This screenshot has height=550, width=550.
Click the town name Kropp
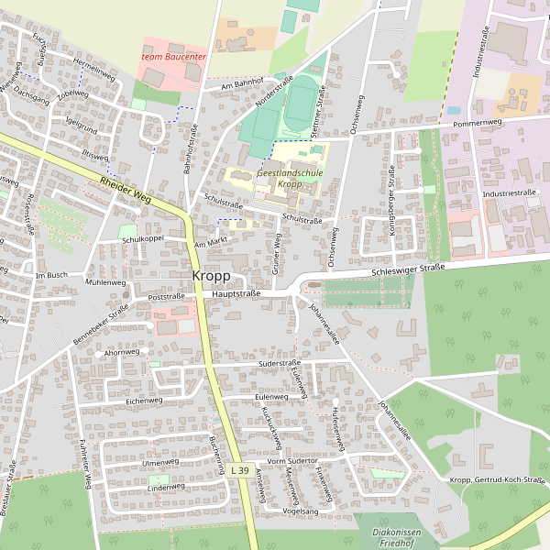(x=211, y=276)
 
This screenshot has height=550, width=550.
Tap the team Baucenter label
(x=174, y=57)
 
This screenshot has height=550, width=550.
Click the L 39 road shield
(x=239, y=470)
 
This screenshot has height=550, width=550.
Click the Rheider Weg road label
(x=126, y=191)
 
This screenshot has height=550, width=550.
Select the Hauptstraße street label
(x=236, y=294)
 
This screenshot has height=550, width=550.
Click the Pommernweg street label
(x=478, y=122)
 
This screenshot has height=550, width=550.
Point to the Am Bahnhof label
(x=236, y=83)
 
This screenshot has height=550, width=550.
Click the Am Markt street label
(x=211, y=244)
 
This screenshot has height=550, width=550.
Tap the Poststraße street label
(x=166, y=297)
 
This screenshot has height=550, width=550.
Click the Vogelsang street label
(x=300, y=511)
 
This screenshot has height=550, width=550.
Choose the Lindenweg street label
(x=166, y=489)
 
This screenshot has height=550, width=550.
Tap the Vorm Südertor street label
(x=291, y=460)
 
